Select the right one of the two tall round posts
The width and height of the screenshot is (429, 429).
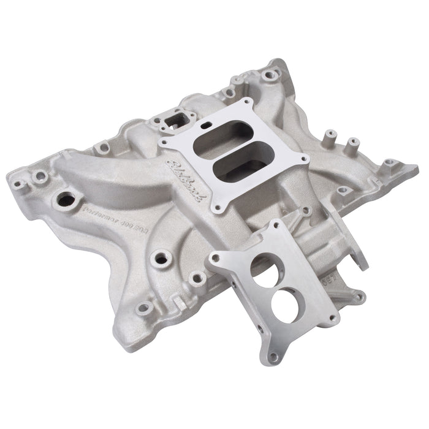tap(353, 147)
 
